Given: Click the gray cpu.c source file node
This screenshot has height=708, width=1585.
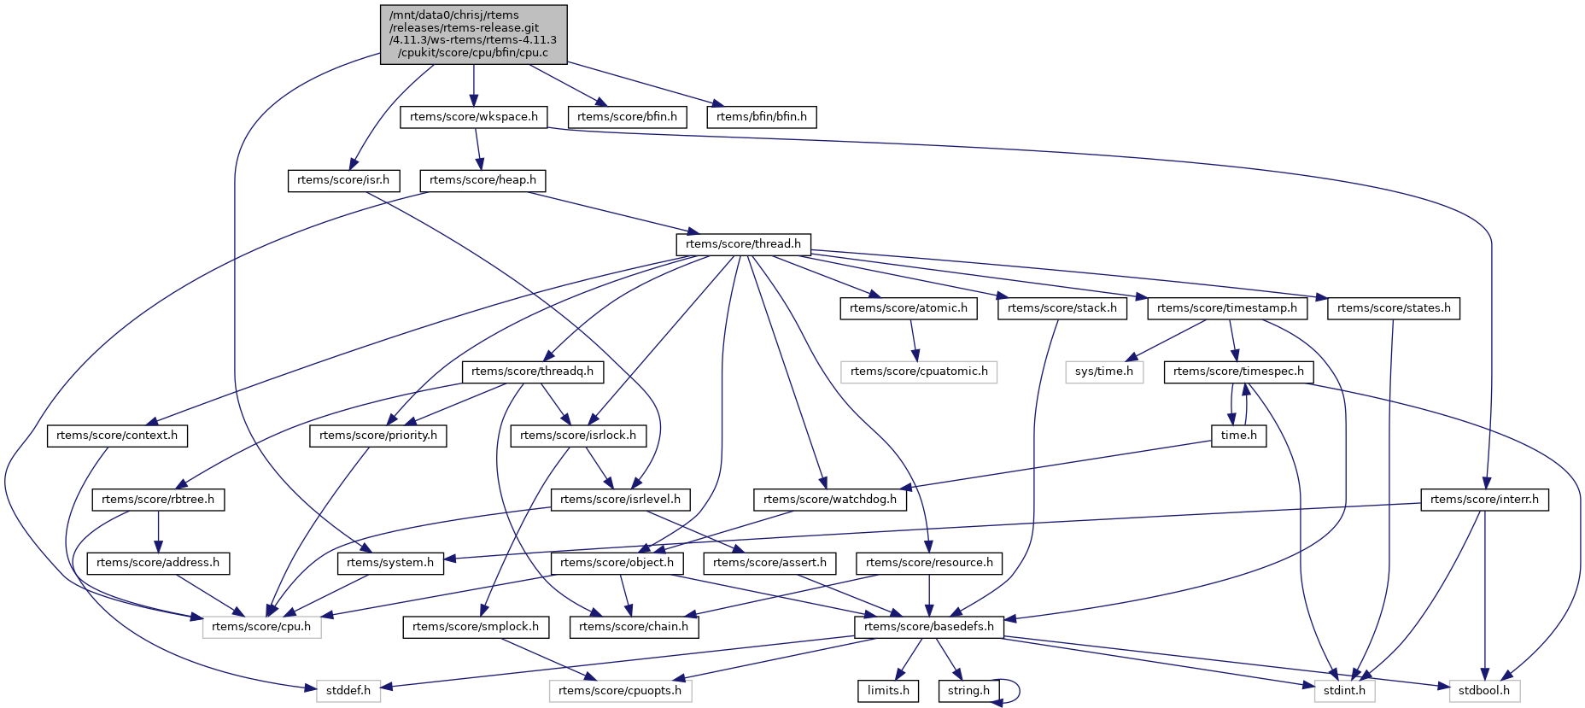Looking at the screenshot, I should click(x=473, y=34).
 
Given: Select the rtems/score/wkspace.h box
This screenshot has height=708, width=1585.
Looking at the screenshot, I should click(x=474, y=117).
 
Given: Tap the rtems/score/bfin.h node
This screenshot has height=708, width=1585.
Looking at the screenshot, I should click(x=627, y=117).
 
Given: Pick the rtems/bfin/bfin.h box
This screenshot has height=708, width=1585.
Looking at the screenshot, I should click(x=761, y=117).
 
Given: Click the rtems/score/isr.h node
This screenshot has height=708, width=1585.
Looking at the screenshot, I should click(x=343, y=180).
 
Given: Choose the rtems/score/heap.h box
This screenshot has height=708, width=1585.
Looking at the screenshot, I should click(x=483, y=180).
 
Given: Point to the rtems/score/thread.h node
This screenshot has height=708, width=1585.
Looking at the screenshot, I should click(x=743, y=244).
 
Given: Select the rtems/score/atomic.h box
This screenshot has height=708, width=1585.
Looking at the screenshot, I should click(x=909, y=308).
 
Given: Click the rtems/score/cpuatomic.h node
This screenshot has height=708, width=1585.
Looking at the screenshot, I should click(x=919, y=372).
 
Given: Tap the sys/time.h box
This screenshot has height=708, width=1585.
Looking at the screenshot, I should click(x=1104, y=372).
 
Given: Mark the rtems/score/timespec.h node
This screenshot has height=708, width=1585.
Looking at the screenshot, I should click(x=1238, y=372).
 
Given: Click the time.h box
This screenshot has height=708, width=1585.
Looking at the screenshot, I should click(x=1238, y=436).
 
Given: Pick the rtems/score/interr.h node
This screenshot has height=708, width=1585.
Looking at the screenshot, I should click(x=1484, y=500).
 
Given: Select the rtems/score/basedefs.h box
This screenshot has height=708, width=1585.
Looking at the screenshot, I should click(x=929, y=627).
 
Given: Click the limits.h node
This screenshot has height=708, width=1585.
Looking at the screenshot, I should click(x=888, y=691).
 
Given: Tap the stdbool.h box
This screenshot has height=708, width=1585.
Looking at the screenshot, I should click(x=1484, y=691).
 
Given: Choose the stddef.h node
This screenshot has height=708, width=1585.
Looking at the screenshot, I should click(x=348, y=691).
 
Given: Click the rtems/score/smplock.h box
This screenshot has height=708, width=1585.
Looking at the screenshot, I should click(x=476, y=627).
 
